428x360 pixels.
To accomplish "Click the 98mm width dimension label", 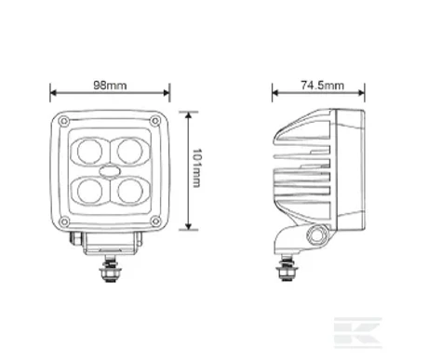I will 111,85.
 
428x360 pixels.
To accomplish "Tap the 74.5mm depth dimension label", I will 323,85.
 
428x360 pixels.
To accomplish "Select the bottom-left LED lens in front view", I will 93,191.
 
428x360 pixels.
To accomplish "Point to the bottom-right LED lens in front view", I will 127,191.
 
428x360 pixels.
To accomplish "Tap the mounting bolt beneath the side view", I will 286,273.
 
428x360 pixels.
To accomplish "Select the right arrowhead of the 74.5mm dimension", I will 359,93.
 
